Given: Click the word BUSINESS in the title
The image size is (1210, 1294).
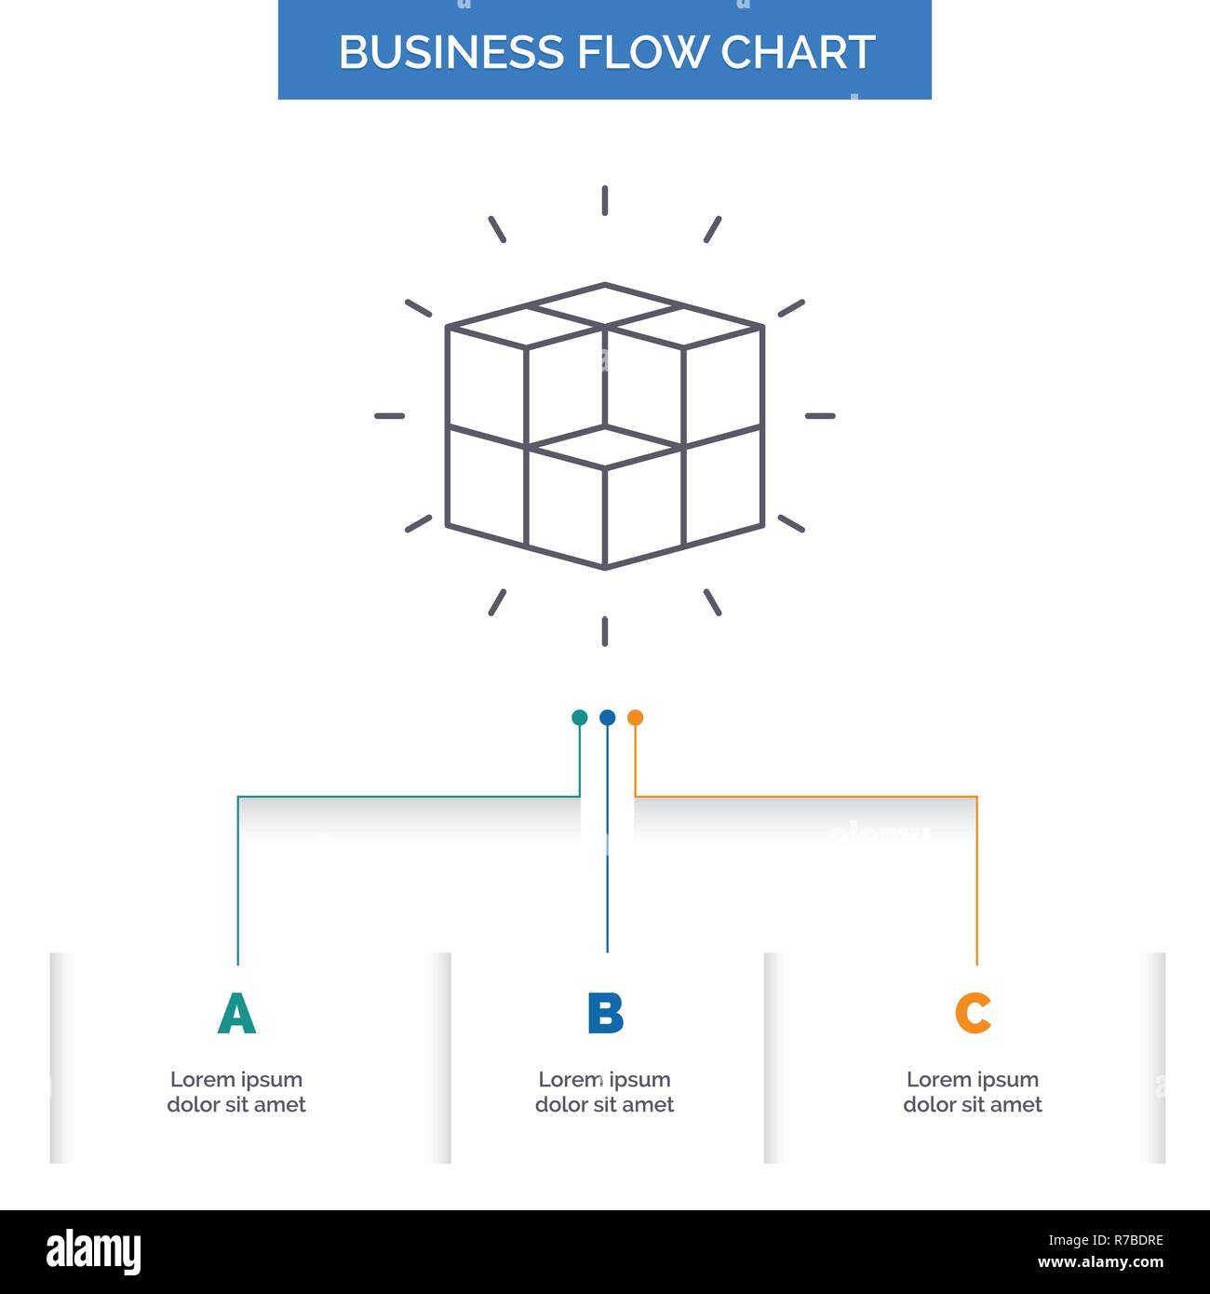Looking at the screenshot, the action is click(x=451, y=52).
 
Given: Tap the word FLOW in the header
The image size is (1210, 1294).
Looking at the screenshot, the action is click(x=642, y=52).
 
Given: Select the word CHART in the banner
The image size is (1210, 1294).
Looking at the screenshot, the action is click(x=798, y=52).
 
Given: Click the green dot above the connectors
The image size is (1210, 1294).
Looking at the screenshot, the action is click(x=579, y=718).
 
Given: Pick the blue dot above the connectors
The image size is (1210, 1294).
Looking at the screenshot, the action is click(x=607, y=718).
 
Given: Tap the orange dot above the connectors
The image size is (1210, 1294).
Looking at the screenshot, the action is click(x=635, y=718).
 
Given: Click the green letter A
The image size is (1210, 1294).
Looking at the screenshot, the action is click(x=236, y=1014).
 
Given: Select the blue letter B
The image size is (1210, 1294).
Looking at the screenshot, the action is click(x=605, y=1014).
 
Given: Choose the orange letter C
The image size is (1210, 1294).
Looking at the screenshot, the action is click(x=973, y=1014).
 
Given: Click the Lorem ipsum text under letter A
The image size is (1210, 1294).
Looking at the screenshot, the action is click(x=236, y=1092).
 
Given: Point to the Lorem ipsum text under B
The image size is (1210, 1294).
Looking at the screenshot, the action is click(x=605, y=1092).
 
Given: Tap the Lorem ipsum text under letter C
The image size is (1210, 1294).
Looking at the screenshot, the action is click(x=973, y=1092).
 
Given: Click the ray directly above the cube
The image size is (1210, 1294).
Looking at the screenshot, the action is click(x=605, y=200).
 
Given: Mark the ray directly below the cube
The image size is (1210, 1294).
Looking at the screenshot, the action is click(x=605, y=631).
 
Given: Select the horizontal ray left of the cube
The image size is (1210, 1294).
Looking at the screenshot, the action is click(x=389, y=416).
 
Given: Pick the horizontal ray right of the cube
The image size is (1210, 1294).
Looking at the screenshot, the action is click(x=820, y=416).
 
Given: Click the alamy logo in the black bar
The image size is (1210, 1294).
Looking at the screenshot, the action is click(x=94, y=1251).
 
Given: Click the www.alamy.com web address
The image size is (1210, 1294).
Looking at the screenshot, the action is click(x=1100, y=1263).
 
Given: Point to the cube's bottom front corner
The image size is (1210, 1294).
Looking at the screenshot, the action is click(x=605, y=567).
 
